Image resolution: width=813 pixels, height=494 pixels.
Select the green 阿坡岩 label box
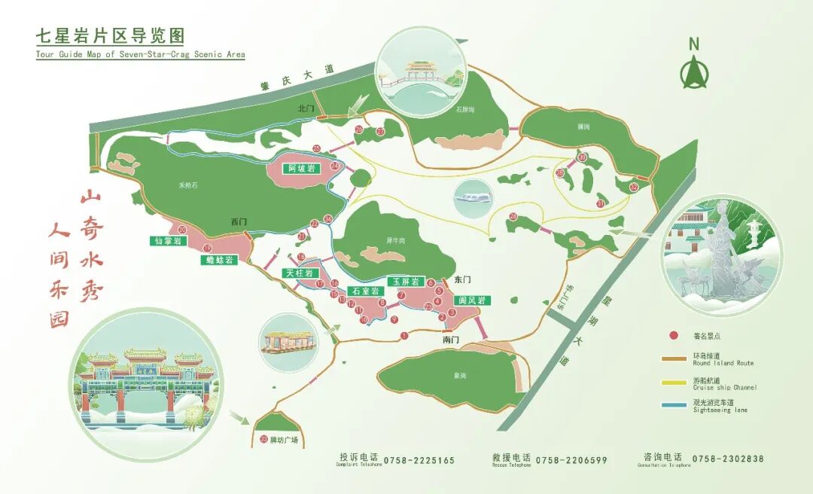pyautogui.click(x=302, y=169)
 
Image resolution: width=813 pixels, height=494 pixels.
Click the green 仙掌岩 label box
pyautogui.click(x=167, y=241)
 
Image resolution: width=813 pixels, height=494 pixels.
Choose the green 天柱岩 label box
pyautogui.click(x=299, y=273)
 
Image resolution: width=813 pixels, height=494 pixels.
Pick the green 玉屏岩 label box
pyautogui.click(x=404, y=281)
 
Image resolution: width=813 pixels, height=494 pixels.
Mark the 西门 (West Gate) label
pyautogui.click(x=239, y=222)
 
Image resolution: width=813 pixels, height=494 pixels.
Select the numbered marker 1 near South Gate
pyautogui.click(x=404, y=336)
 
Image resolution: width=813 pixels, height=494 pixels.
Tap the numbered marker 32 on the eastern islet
pyautogui.click(x=634, y=187)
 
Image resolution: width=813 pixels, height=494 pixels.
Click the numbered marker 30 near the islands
pyautogui.click(x=582, y=157)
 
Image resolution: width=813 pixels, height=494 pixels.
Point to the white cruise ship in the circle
pyautogui.click(x=473, y=198)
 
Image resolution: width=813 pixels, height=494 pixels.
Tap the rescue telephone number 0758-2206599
pyautogui.click(x=570, y=460)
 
